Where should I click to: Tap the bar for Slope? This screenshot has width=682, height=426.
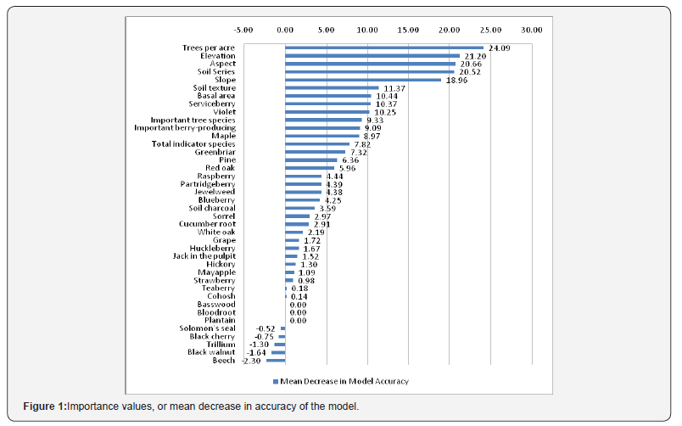(362, 80)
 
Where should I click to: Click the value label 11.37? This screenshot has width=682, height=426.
(394, 88)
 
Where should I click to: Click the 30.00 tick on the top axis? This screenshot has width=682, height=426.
(532, 30)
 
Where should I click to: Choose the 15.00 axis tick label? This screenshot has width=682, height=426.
(408, 30)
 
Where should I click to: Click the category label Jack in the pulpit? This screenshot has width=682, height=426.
(204, 255)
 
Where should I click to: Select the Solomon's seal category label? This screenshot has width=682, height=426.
(207, 328)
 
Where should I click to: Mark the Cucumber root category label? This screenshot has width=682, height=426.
(207, 224)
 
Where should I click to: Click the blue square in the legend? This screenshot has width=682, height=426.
(275, 381)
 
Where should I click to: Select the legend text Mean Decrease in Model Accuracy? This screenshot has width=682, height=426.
(344, 381)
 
